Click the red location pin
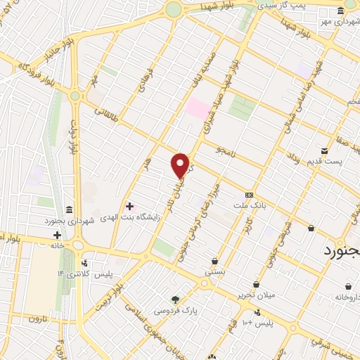click(181, 165)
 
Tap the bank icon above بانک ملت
click(248, 195)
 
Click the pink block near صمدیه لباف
click(198, 109)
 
